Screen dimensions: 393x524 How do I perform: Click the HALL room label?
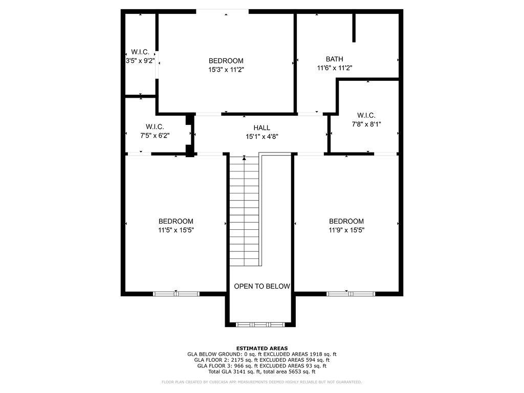pyautogui.click(x=261, y=128)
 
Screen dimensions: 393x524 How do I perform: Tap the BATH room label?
pyautogui.click(x=335, y=59)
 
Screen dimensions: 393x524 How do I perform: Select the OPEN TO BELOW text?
pyautogui.click(x=262, y=287)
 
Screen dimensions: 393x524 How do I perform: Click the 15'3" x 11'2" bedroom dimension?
pyautogui.click(x=226, y=70)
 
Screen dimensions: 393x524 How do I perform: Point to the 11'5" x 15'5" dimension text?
pyautogui.click(x=176, y=230)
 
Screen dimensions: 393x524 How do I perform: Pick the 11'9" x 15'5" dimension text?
pyautogui.click(x=346, y=230)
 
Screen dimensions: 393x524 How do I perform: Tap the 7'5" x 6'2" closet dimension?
pyautogui.click(x=155, y=136)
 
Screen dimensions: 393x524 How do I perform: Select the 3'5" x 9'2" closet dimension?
pyautogui.click(x=140, y=60)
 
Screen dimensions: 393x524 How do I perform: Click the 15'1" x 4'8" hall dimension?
pyautogui.click(x=261, y=137)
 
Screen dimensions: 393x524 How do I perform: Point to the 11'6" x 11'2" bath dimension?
pyautogui.click(x=335, y=68)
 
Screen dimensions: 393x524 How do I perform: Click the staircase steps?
pyautogui.click(x=244, y=210)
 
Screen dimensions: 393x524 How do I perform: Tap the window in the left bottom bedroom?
pyautogui.click(x=176, y=294)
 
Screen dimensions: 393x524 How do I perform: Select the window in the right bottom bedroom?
pyautogui.click(x=351, y=294)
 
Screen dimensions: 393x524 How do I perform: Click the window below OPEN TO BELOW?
pyautogui.click(x=261, y=324)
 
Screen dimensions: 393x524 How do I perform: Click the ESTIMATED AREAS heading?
pyautogui.click(x=261, y=348)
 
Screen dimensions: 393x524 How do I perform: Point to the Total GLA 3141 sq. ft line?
pyautogui.click(x=261, y=372)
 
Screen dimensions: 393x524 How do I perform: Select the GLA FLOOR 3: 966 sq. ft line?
pyautogui.click(x=261, y=366)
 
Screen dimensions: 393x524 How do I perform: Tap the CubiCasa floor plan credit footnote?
pyautogui.click(x=261, y=382)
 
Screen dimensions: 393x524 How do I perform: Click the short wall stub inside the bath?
pyautogui.click(x=354, y=28)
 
